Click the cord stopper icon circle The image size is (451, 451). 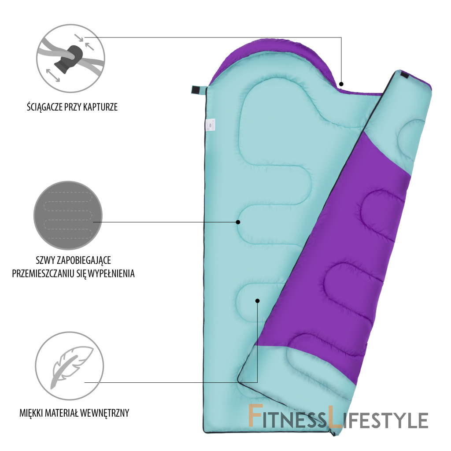coord(70,58)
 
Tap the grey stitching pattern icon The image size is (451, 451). coord(68,215)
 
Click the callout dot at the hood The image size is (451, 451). coord(342,83)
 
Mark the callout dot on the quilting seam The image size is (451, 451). coord(238,222)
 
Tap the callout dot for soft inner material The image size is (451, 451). coord(258,301)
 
